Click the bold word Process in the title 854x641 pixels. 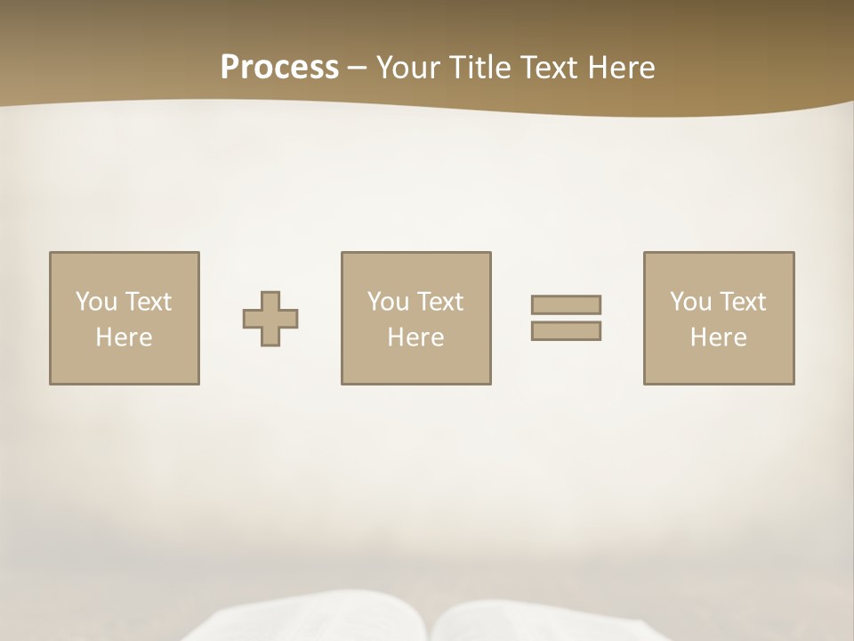[x=279, y=68]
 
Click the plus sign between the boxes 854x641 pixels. [x=270, y=319]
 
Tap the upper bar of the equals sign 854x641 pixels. [x=566, y=304]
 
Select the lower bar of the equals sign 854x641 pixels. [x=566, y=331]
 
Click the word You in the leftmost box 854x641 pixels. [x=95, y=302]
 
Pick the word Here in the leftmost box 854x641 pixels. [x=124, y=337]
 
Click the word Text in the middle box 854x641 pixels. [x=441, y=302]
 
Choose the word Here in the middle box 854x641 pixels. [x=415, y=337]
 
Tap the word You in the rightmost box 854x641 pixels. [x=690, y=302]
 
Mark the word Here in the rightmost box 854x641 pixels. [x=718, y=337]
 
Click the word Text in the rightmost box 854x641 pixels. [x=744, y=302]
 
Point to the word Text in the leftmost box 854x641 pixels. [x=149, y=302]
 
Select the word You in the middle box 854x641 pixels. [x=388, y=302]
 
